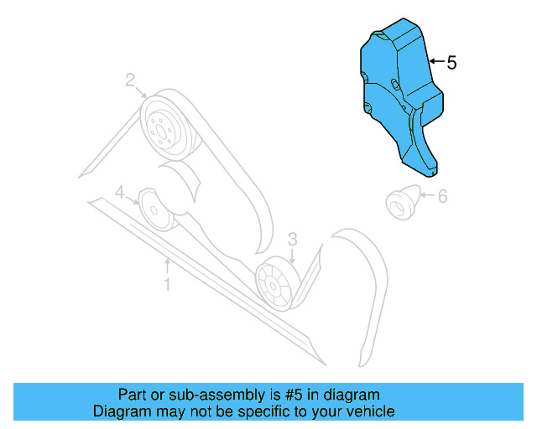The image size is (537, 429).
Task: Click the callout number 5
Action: [x=451, y=63]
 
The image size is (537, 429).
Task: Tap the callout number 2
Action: [x=131, y=80]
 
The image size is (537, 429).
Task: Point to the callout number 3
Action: [x=292, y=240]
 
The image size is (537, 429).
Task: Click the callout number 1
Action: [x=167, y=285]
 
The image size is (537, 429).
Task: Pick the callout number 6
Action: [x=442, y=197]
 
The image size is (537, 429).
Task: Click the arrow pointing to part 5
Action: [x=435, y=63]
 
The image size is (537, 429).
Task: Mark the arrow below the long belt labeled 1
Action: [x=167, y=268]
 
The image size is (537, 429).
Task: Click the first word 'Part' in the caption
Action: [x=131, y=395]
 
